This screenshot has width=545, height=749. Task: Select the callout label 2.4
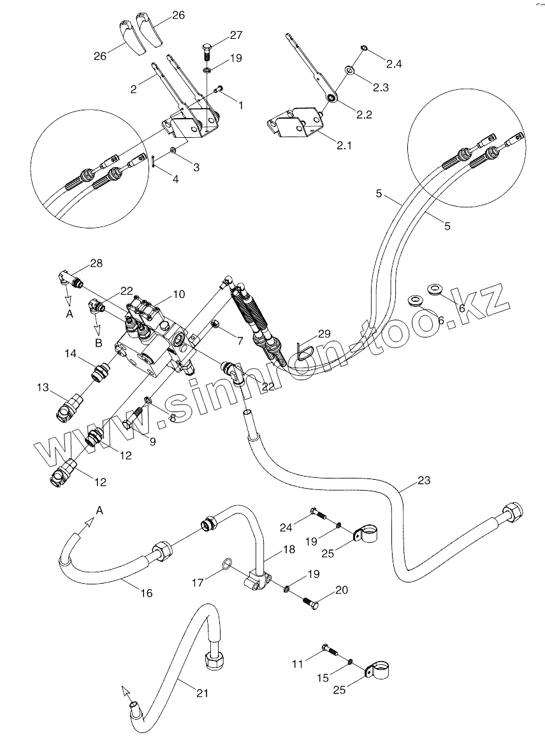pyautogui.click(x=393, y=64)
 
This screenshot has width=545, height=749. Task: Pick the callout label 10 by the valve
pyautogui.click(x=178, y=294)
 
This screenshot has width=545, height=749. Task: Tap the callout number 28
pyautogui.click(x=96, y=263)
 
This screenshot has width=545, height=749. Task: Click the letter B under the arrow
pyautogui.click(x=98, y=343)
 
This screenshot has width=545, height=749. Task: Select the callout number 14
pyautogui.click(x=70, y=353)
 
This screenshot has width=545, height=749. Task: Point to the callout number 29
pyautogui.click(x=324, y=334)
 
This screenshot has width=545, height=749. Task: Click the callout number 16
pyautogui.click(x=146, y=593)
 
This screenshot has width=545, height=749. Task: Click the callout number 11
pyautogui.click(x=298, y=665)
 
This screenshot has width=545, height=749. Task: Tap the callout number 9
pyautogui.click(x=152, y=441)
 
